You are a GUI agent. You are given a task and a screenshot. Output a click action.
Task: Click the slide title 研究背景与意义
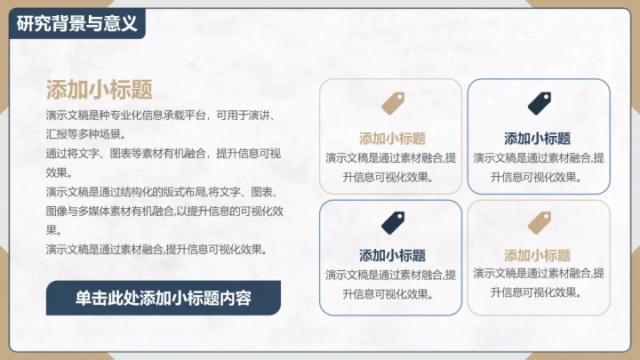click(x=76, y=23)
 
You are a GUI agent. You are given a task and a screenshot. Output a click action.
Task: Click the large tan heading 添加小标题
click(x=99, y=89)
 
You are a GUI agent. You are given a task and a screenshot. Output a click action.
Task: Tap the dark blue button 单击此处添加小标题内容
click(x=163, y=298)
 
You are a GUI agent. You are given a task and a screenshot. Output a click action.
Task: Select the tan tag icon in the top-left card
click(x=392, y=103)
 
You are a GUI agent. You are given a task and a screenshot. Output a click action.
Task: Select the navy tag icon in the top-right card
click(x=540, y=103)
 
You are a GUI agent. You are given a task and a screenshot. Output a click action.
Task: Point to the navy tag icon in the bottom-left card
click(x=392, y=222)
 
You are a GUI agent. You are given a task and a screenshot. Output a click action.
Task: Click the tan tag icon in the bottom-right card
click(x=540, y=222)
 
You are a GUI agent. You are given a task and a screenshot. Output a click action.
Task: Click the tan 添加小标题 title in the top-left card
click(x=392, y=139)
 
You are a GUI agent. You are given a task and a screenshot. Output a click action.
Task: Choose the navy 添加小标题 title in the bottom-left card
click(x=392, y=256)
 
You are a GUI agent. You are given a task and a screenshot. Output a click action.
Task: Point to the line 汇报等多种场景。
click(x=85, y=134)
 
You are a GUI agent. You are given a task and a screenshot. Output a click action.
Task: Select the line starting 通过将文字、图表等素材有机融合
click(x=164, y=154)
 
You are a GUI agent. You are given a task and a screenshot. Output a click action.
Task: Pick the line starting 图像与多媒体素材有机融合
click(x=164, y=212)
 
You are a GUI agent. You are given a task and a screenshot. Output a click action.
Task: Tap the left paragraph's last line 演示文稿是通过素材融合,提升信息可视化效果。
click(x=156, y=250)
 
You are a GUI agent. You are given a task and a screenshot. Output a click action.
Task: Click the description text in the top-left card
click(x=392, y=167)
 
